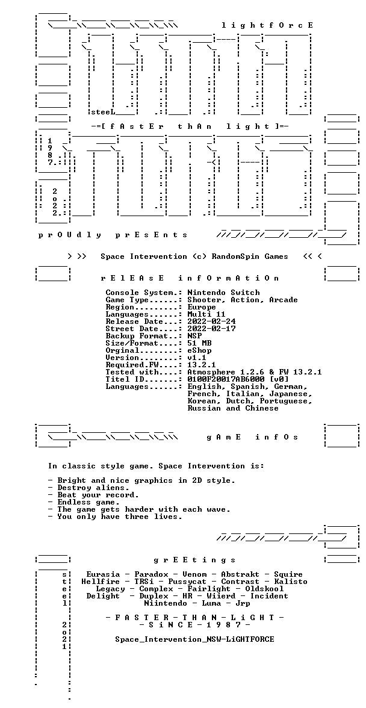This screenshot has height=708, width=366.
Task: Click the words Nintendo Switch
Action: [x=223, y=293]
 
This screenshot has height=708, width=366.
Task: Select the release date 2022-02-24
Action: [x=211, y=321]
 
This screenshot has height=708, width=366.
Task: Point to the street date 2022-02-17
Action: [x=211, y=329]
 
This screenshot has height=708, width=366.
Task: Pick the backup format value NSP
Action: [x=194, y=336]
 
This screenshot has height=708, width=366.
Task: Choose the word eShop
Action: [x=199, y=350]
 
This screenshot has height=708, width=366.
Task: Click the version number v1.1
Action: [x=197, y=358]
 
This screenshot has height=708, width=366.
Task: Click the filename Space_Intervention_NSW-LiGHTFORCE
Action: [x=194, y=639]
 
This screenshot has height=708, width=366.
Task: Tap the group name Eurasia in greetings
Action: [x=104, y=574]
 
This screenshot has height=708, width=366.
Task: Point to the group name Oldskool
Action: [x=264, y=589]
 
